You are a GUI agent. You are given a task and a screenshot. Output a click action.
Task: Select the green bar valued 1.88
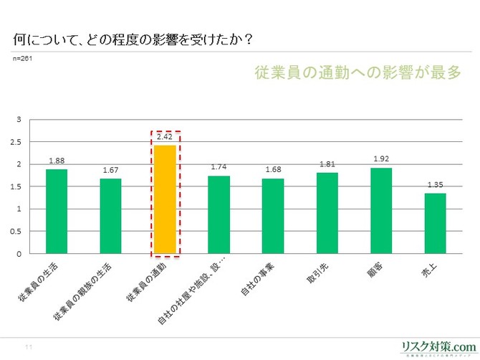point(57,212)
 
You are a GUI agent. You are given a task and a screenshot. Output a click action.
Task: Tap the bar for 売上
point(435,224)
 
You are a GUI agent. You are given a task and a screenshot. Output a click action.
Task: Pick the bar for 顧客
point(381,211)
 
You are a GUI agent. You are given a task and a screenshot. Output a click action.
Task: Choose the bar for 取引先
point(327,213)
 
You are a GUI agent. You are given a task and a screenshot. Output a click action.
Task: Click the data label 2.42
point(165,137)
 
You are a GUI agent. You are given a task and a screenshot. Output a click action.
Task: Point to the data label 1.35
point(435,185)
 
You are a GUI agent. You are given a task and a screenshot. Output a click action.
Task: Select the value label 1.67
point(110,171)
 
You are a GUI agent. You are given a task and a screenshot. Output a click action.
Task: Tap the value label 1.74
point(219,167)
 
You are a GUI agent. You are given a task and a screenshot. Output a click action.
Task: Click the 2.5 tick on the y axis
point(16,142)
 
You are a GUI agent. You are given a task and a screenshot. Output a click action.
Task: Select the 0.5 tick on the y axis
point(16,232)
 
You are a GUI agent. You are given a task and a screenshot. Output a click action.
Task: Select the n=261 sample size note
point(23,57)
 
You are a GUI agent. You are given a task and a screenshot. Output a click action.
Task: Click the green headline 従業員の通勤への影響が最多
point(357,74)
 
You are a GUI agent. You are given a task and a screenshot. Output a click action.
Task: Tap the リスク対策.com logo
point(438,345)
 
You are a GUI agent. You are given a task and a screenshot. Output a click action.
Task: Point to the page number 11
point(29,347)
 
